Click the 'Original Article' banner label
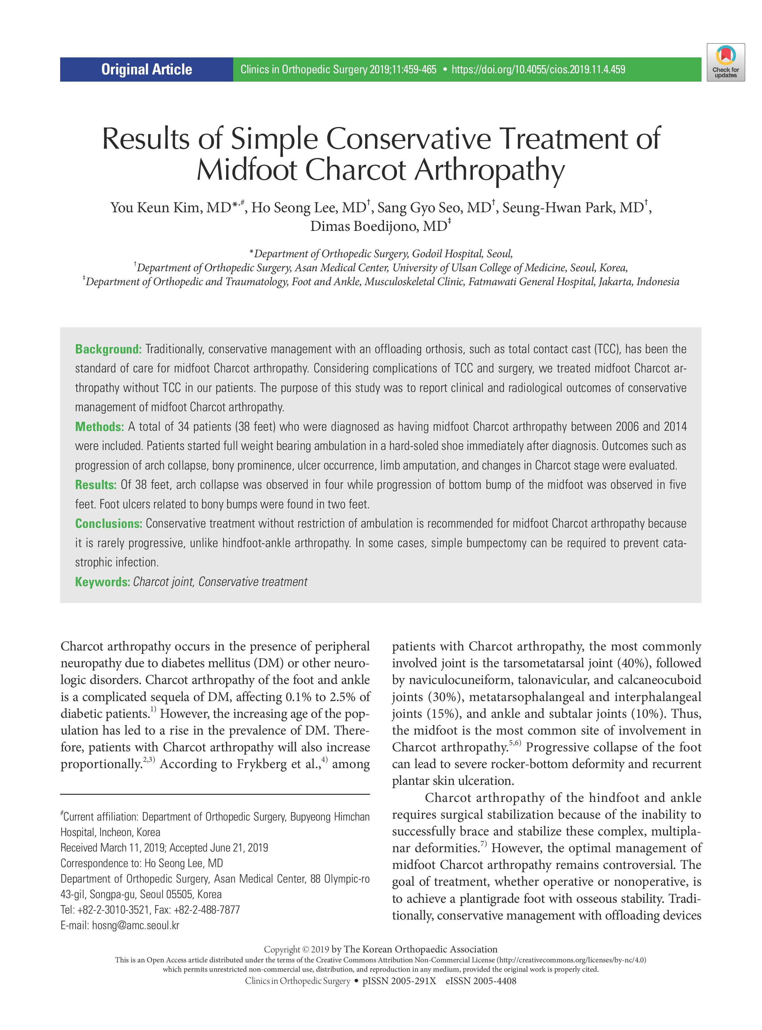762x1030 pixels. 147,70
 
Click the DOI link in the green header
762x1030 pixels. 538,70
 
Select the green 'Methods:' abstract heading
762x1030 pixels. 100,427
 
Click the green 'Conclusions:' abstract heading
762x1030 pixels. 109,524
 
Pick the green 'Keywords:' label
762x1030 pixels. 102,582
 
